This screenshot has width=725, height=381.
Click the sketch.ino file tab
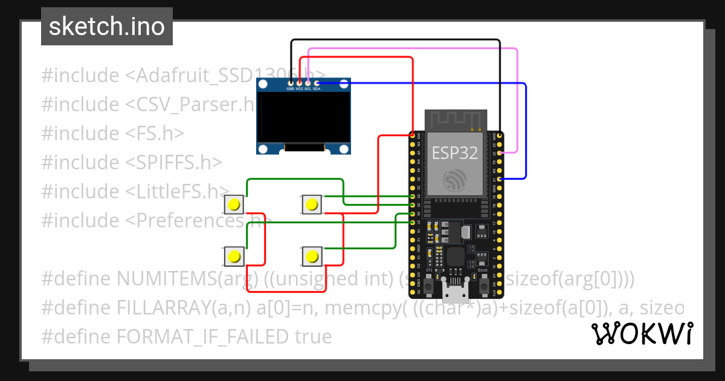click(106, 27)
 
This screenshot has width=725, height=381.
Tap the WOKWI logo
click(642, 334)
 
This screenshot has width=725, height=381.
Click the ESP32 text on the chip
click(454, 153)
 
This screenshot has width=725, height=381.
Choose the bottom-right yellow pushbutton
click(311, 256)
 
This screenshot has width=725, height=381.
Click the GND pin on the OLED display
click(291, 82)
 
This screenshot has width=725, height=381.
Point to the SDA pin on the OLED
click(317, 82)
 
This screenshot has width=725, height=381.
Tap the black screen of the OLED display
click(303, 117)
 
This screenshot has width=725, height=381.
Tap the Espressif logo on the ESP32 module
click(454, 180)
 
